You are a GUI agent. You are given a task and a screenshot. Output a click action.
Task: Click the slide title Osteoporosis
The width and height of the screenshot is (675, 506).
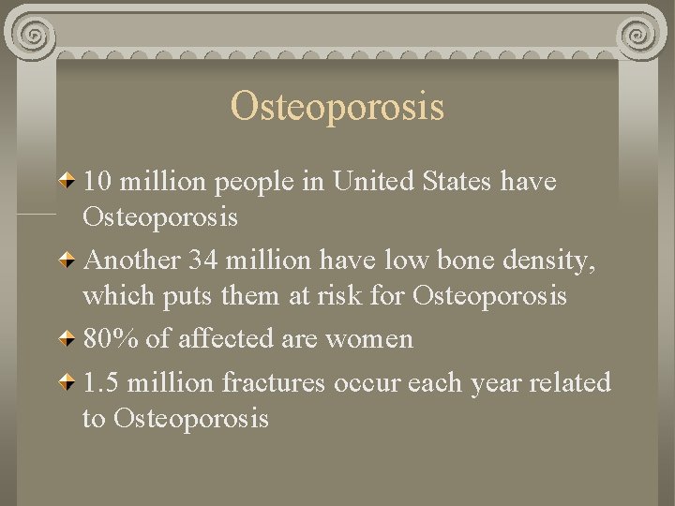click(337, 107)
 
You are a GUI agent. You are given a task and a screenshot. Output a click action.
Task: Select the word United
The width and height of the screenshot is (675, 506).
click(370, 181)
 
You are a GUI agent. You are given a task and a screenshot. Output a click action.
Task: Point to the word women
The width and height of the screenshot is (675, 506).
click(368, 339)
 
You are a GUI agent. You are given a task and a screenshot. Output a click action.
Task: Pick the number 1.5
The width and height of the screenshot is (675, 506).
click(102, 382)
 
